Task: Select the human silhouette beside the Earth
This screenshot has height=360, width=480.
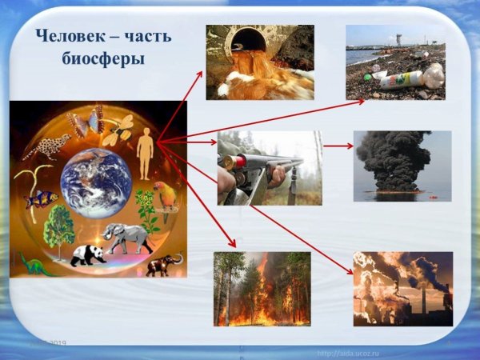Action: pos(145,156)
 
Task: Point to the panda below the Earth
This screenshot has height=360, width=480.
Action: pos(89,255)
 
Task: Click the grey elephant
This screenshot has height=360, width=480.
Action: pos(128,237)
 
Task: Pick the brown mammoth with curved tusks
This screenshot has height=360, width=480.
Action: pos(163,265)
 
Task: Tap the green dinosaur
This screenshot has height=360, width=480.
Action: pos(35,264)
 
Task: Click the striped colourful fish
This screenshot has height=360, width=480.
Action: pos(42,198)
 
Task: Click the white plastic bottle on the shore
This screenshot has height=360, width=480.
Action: pos(400,78)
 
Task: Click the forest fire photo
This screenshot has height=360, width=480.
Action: pos(262,289)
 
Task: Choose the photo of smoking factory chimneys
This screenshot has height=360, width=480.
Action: pos(402,289)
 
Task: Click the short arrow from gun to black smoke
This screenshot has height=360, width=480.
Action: pos(338,146)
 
